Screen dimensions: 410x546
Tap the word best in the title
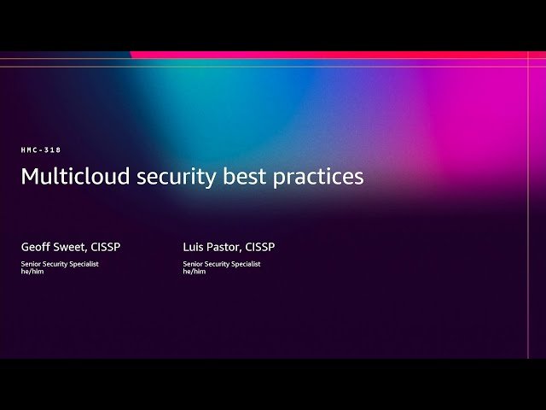coord(237,176)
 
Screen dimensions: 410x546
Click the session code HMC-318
coord(41,150)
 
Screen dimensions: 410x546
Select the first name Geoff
coord(36,247)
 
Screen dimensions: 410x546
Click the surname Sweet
coord(70,247)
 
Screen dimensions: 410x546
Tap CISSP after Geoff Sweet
coord(105,247)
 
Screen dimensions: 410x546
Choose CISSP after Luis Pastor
coord(260,247)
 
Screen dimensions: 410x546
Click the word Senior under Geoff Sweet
coord(32,264)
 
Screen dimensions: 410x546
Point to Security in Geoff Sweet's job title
coord(56,264)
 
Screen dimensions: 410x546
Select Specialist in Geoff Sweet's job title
coord(84,264)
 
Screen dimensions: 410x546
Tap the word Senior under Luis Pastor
coord(194,264)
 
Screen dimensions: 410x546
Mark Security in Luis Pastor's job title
coord(218,264)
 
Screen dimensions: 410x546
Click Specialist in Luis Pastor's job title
coord(246,264)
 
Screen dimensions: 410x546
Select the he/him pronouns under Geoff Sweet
coord(32,272)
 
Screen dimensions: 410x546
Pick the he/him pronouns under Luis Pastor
coord(195,272)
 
